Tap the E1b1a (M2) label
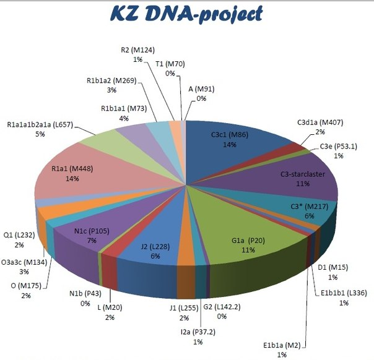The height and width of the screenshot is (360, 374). (x=282, y=345)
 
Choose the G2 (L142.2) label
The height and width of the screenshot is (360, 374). (x=221, y=306)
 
